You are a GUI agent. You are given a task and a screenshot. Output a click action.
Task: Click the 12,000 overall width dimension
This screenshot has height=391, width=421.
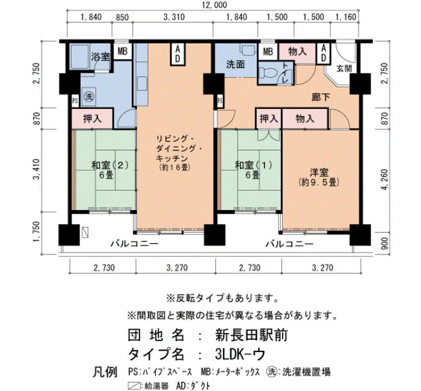click(214, 5)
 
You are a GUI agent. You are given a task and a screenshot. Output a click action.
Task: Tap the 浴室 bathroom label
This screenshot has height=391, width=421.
click(100, 57)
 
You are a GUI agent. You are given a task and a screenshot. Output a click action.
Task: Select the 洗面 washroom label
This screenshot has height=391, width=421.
click(235, 64)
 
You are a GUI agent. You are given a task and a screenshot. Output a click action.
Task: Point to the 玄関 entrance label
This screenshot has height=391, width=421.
click(343, 69)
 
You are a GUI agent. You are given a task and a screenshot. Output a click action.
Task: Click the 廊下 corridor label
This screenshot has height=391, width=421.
click(321, 97)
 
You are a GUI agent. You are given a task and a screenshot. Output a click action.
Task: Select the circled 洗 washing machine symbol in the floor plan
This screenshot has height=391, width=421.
click(88, 97)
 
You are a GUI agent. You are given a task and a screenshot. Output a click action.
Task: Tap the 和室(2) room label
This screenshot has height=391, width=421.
click(110, 165)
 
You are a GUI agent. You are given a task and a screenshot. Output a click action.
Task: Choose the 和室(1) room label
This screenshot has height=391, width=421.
click(254, 165)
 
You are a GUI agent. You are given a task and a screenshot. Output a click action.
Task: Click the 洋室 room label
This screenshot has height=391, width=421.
click(319, 172)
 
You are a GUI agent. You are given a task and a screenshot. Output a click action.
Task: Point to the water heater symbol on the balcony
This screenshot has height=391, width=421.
click(85, 232)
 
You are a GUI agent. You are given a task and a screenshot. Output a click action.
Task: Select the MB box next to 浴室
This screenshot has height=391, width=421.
click(123, 51)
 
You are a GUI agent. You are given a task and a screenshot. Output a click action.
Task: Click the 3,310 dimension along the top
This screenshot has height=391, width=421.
click(174, 17)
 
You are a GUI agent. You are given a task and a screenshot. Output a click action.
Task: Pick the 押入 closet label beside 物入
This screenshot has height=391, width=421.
click(268, 119)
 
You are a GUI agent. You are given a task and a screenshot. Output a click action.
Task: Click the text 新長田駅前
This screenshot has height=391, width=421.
click(251, 335)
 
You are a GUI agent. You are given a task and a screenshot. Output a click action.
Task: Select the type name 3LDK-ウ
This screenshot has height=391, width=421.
click(240, 354)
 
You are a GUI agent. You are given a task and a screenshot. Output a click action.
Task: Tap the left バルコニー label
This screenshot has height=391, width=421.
click(135, 244)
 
